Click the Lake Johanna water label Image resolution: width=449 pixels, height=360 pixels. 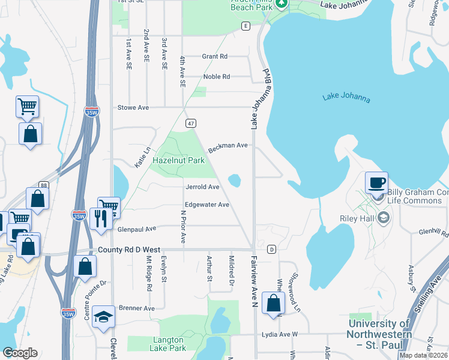point(346,98)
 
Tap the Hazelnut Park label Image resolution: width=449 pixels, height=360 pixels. point(178,161)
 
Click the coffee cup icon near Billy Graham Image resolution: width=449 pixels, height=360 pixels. point(376,182)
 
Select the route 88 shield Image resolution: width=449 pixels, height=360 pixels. point(44,186)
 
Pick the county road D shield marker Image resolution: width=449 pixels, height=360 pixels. point(271,249)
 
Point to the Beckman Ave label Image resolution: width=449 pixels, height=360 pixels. point(228,146)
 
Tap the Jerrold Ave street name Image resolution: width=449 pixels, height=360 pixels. point(202,187)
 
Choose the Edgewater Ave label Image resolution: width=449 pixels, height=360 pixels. point(207,205)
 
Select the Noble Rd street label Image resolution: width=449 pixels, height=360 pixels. point(217,77)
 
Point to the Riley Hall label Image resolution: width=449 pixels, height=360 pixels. point(356,218)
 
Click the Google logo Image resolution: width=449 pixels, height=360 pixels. point(20,353)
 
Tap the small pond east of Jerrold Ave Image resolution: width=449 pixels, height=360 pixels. point(235,180)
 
